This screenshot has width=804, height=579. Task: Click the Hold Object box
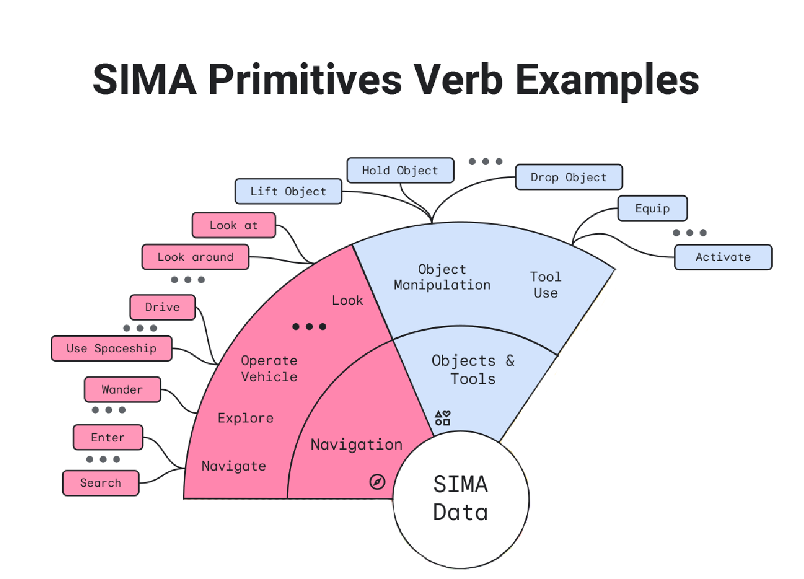click(400, 170)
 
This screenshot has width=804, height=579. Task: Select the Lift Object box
click(288, 191)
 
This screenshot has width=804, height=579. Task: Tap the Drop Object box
click(568, 177)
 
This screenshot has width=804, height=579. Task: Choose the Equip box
click(652, 209)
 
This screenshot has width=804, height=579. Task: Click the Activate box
click(723, 257)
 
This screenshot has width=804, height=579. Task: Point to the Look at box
click(234, 225)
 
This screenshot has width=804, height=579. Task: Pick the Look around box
click(195, 257)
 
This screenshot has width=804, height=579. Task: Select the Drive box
click(162, 307)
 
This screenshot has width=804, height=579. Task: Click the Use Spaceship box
click(111, 348)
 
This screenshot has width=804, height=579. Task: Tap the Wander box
click(122, 390)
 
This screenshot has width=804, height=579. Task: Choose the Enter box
click(108, 437)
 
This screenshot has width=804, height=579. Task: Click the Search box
click(101, 483)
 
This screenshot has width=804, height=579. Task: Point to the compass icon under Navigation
click(377, 482)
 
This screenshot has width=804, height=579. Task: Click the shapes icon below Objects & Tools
click(442, 418)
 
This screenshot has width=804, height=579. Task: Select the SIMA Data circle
click(461, 499)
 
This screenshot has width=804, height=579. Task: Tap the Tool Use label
click(545, 285)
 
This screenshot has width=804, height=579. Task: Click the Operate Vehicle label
click(269, 369)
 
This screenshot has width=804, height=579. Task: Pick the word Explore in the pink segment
click(245, 418)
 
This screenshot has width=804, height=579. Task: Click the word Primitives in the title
click(305, 80)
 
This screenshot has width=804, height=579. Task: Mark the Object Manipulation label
click(442, 277)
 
